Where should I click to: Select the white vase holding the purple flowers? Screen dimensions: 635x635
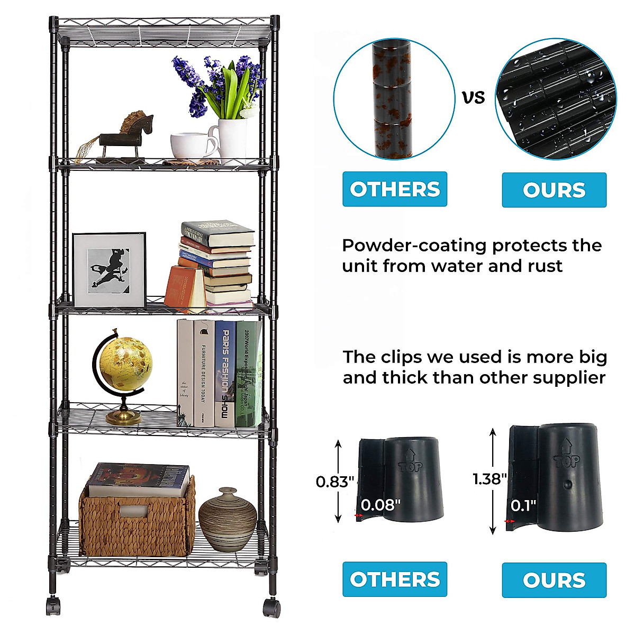pos(232,139)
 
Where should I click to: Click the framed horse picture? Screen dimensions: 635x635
pos(109,269)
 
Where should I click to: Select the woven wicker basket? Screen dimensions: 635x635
pos(137,521)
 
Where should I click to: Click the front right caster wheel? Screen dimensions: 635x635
pos(271,607)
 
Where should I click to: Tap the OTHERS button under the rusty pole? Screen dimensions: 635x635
pos(395,189)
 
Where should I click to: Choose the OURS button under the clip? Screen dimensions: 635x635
pos(554,580)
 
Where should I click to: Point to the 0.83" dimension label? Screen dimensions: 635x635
pos(334,482)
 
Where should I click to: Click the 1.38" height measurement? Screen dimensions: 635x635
pos(489,479)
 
